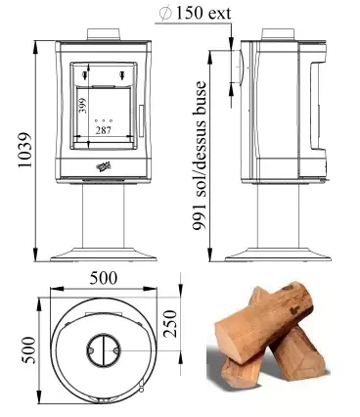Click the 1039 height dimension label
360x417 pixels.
click(24, 150)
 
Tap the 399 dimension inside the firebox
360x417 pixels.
click(83, 105)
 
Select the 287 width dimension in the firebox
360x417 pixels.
click(104, 130)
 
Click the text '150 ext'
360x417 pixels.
click(203, 13)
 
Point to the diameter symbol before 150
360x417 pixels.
click(165, 13)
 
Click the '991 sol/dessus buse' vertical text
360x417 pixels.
click(200, 156)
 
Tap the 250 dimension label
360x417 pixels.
click(169, 324)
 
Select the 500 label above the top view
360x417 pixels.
click(104, 278)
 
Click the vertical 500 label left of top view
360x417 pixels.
click(27, 349)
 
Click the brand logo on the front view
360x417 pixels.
click(104, 166)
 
